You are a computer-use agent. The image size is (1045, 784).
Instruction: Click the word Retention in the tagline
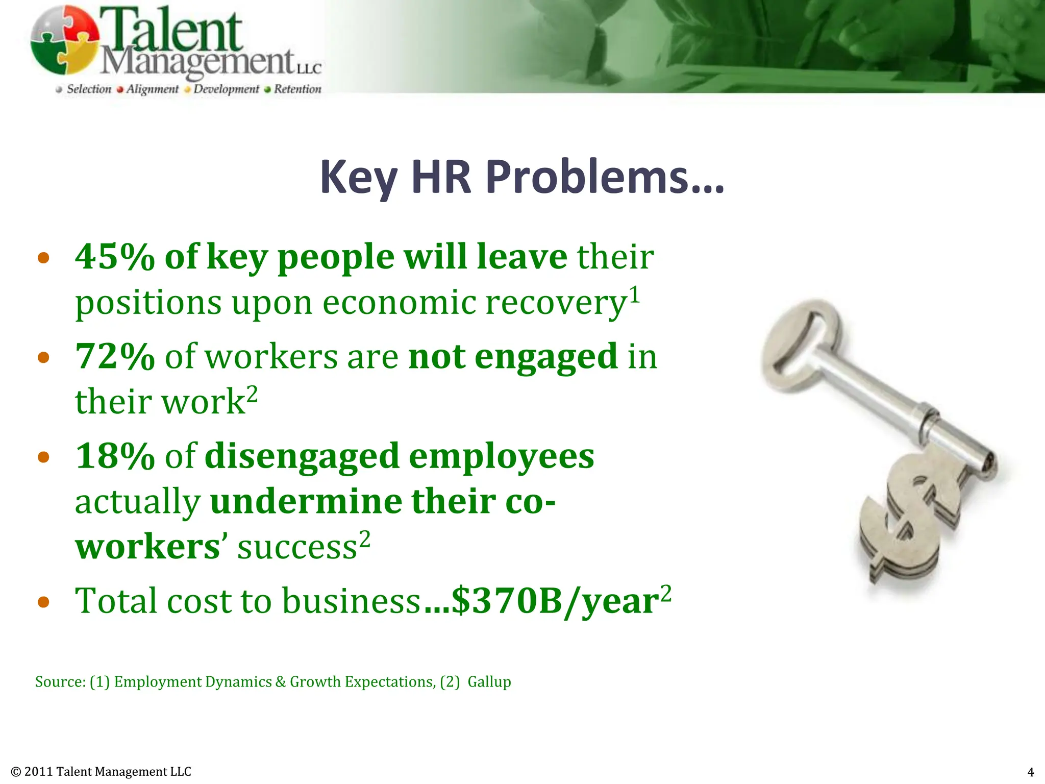point(297,89)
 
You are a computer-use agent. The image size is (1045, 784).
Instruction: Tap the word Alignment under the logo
point(153,89)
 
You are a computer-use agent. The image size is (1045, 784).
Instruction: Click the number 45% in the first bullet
point(115,256)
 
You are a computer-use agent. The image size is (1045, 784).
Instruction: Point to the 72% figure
point(115,356)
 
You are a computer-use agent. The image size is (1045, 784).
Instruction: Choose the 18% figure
point(115,456)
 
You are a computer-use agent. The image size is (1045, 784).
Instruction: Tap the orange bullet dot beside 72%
point(44,357)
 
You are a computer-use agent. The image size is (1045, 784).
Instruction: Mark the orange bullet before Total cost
point(44,602)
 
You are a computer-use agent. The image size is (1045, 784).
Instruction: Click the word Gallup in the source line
point(489,682)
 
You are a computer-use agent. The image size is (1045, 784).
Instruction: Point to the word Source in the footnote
point(60,682)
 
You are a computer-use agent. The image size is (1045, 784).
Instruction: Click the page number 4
point(1030,772)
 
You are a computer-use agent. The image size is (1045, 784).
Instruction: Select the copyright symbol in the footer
point(16,772)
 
